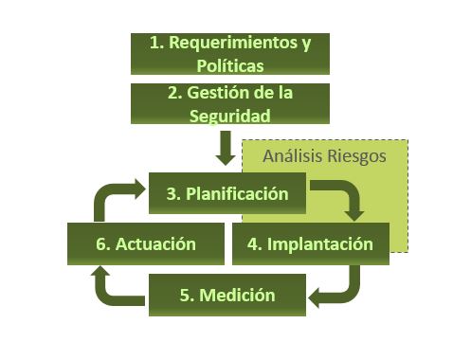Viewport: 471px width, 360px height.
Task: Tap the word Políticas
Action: coord(230,65)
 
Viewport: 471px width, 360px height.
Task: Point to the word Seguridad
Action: coord(229,117)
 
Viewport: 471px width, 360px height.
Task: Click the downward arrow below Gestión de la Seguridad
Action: coord(226,148)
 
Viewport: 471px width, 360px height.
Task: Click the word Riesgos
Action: coord(356,156)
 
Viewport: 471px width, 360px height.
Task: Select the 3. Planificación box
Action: coord(227,193)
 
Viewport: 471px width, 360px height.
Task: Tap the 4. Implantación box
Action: coord(311,243)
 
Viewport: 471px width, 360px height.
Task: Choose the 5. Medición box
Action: coord(227,295)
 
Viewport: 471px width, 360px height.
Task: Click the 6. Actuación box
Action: coord(146,243)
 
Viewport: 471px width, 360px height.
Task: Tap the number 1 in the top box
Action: coord(154,43)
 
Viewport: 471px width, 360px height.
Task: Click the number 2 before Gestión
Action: coord(172,93)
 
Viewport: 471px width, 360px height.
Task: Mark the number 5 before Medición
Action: coord(185,296)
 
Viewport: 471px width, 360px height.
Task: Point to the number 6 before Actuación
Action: coord(101,244)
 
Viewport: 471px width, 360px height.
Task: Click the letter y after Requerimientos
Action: coord(306,45)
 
